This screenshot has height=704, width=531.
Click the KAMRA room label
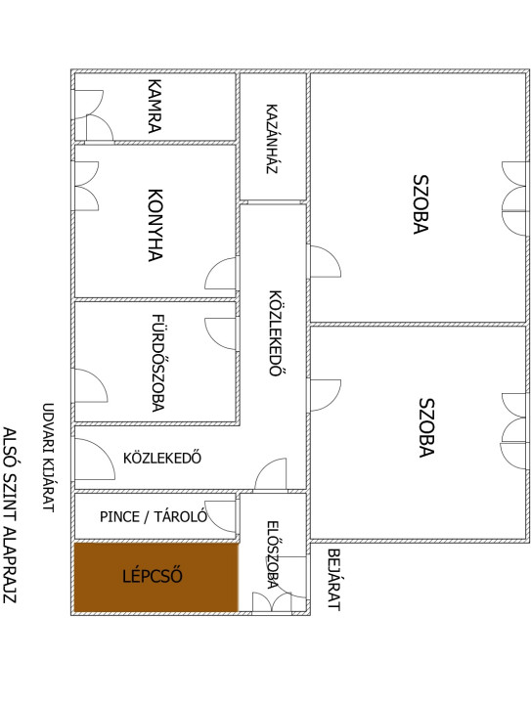point(155,106)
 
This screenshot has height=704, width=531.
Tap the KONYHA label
point(155,225)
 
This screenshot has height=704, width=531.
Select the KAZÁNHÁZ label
point(272,139)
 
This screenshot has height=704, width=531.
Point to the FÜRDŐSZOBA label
point(157,363)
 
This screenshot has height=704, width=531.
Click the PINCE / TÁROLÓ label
point(154,516)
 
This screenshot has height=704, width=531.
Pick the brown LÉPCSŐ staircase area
point(155,577)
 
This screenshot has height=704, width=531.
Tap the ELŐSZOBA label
point(273,554)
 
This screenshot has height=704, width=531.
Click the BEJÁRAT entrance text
point(333,580)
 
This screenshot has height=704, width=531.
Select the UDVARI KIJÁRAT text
point(48,458)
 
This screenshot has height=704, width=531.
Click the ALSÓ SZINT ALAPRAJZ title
point(10,515)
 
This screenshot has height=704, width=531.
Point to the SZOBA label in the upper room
point(420,204)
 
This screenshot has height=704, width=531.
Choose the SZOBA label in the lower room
point(426,428)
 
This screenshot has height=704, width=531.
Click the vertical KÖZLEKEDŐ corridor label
point(276,333)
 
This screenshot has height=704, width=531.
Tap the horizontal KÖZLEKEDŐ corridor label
point(162,458)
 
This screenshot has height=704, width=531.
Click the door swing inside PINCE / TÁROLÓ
point(221,516)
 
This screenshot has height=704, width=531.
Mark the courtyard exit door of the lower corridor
point(95,459)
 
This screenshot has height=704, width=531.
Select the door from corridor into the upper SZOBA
point(325,262)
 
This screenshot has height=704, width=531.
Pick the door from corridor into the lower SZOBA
point(325,395)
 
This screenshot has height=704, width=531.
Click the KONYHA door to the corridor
point(221,273)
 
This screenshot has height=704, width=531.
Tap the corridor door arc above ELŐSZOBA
point(270,473)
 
